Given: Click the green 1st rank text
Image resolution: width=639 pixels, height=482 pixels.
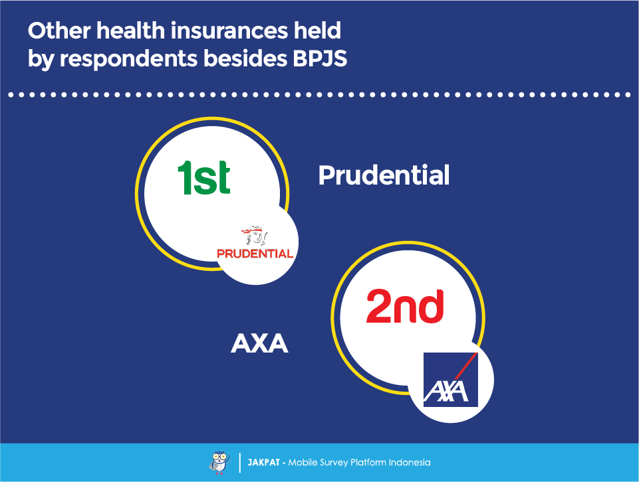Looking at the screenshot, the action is click(203, 177).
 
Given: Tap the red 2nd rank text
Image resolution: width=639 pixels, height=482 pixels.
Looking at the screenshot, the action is click(405, 306).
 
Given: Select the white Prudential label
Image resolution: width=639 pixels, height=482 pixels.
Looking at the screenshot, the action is click(384, 175).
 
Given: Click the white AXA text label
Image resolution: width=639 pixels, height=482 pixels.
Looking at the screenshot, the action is click(259, 343).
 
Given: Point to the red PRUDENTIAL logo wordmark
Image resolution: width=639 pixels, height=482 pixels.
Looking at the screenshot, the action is click(255, 254).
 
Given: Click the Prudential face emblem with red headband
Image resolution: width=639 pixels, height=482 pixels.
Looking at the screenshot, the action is click(255, 235).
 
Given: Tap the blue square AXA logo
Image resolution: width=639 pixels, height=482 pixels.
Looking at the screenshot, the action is click(450, 380).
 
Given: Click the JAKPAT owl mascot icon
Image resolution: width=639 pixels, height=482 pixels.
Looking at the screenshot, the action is click(219, 463).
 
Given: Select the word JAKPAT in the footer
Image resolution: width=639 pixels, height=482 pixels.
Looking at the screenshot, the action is click(264, 463).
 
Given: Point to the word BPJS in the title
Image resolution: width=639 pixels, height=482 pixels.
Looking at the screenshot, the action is click(320, 58).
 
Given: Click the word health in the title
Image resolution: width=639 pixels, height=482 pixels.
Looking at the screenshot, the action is click(130, 31).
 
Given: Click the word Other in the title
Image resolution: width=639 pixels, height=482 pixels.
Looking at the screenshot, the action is click(59, 31).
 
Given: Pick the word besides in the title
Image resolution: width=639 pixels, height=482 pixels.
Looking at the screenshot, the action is click(245, 58).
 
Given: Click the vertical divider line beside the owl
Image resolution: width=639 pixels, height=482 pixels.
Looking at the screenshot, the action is click(239, 463).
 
